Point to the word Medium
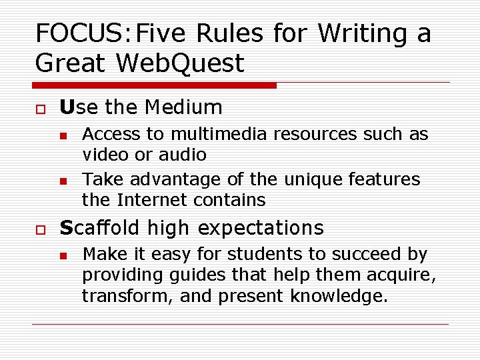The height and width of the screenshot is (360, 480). point(183,107)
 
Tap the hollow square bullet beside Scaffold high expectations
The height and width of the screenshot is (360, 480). point(39,229)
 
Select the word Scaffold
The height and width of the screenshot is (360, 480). point(101,227)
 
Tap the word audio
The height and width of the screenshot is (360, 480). point(181,155)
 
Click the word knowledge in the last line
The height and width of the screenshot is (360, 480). point(339,296)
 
